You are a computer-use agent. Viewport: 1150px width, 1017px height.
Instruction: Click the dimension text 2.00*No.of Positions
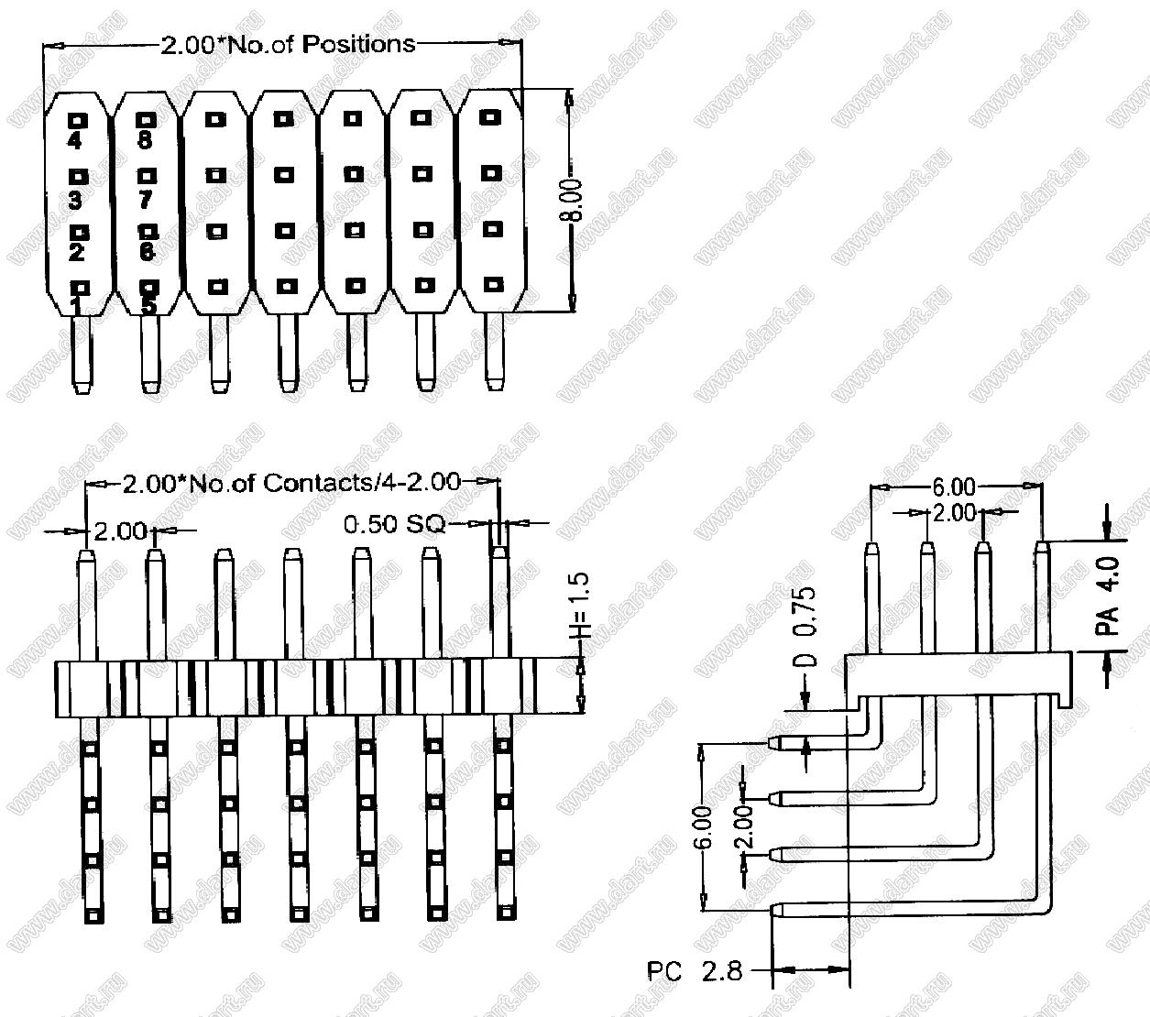pos(288,43)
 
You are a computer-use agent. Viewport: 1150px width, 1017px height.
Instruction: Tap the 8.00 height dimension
pos(574,200)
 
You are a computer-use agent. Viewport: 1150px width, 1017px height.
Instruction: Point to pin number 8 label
pos(145,141)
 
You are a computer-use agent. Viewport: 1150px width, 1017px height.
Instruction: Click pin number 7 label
pos(145,198)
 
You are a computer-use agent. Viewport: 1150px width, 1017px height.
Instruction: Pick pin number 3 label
pos(75,199)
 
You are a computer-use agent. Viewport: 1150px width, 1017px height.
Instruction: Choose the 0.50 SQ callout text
pos(394,524)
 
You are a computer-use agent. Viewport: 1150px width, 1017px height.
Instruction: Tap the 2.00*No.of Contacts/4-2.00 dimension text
pos(291,483)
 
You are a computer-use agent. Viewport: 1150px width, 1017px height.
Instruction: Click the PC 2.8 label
pos(695,971)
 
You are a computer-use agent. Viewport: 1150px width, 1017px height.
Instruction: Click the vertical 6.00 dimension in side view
pos(702,828)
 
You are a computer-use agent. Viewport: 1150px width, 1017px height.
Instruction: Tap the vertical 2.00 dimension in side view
pos(743,826)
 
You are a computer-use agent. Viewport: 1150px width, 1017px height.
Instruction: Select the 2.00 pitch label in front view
pos(119,530)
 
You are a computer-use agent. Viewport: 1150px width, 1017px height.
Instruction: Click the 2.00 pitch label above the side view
pos(954,513)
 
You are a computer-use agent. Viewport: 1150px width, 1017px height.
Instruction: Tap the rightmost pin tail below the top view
pos(494,353)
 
